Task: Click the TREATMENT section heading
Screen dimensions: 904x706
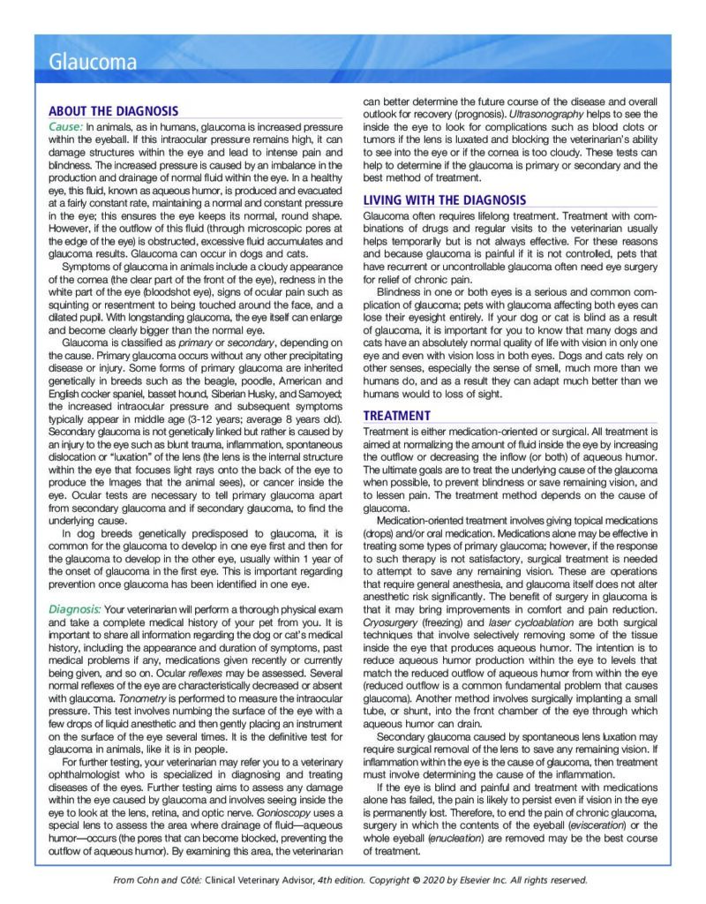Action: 397,416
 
